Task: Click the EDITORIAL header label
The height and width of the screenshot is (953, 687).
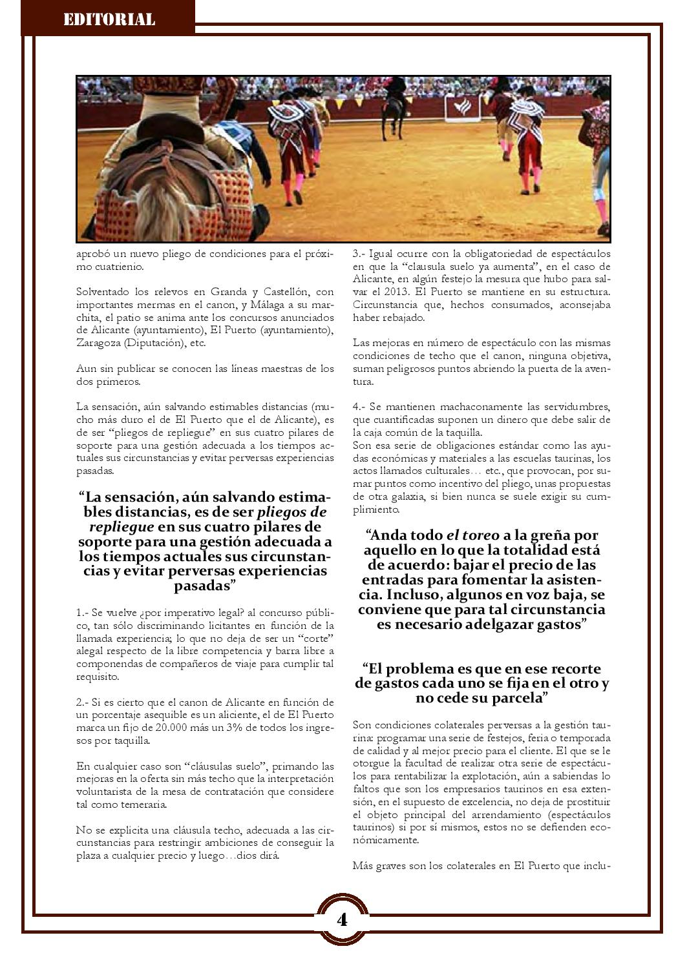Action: click(x=109, y=19)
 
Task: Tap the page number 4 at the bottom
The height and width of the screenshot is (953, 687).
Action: click(x=342, y=919)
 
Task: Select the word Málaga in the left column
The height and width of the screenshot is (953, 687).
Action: click(x=262, y=305)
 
